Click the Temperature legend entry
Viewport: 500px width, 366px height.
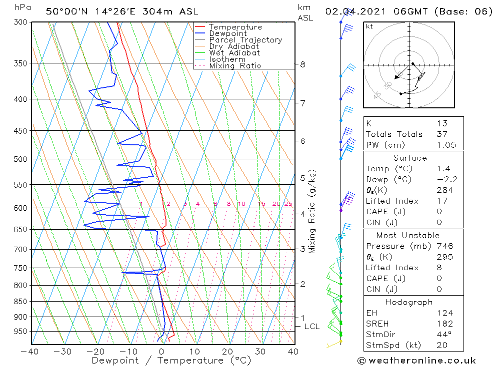[235, 27]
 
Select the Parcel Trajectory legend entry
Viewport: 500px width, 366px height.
[245, 40]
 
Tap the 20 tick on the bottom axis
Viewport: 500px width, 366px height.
[227, 352]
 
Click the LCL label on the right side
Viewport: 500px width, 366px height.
[311, 327]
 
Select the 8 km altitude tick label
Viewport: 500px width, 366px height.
[302, 64]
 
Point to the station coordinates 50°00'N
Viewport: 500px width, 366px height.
[65, 11]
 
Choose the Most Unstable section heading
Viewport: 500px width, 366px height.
[407, 235]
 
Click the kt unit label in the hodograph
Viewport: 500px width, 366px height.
[369, 26]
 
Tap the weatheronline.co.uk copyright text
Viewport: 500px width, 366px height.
[416, 361]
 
